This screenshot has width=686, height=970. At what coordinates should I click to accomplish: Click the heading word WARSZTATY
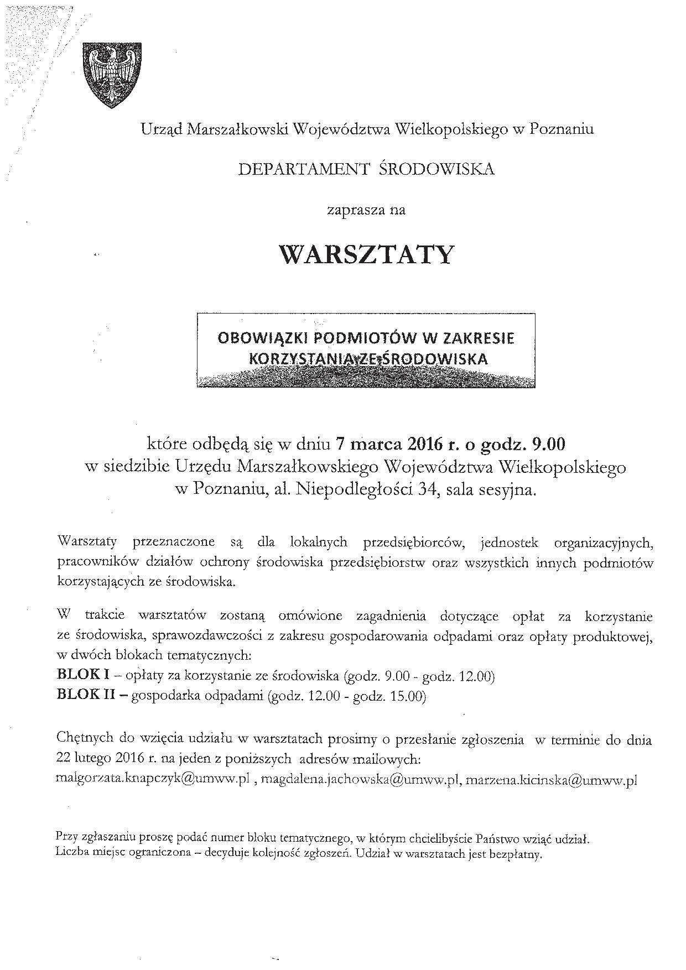[x=366, y=255]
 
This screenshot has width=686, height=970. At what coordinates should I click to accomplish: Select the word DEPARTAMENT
[x=303, y=169]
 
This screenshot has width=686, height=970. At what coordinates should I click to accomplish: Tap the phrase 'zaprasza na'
[x=366, y=210]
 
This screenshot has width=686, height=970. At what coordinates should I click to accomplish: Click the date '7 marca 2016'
[x=387, y=444]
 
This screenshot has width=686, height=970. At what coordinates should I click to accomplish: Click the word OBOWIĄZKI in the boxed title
[x=256, y=338]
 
